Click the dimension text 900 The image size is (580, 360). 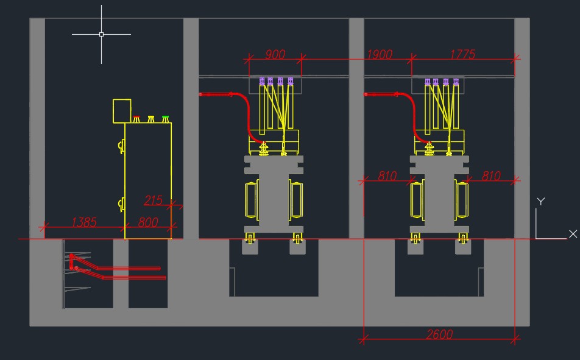275,54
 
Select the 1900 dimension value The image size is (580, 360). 379,54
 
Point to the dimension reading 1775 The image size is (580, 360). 462,54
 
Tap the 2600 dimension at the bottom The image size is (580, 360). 439,334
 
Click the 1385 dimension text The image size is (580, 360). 84,222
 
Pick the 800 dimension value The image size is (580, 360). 148,222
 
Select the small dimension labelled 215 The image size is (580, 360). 153,200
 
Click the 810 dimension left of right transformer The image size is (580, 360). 387,176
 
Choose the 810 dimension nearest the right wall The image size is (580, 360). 491,176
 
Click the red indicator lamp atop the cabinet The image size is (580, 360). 136,119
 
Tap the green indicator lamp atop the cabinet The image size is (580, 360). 165,119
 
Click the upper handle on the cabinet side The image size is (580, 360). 121,146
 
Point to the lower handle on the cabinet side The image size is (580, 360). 121,204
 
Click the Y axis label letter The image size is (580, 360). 540,201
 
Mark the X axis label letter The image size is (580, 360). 573,234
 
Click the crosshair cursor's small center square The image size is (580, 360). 101,34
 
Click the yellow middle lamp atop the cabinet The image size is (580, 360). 151,119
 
